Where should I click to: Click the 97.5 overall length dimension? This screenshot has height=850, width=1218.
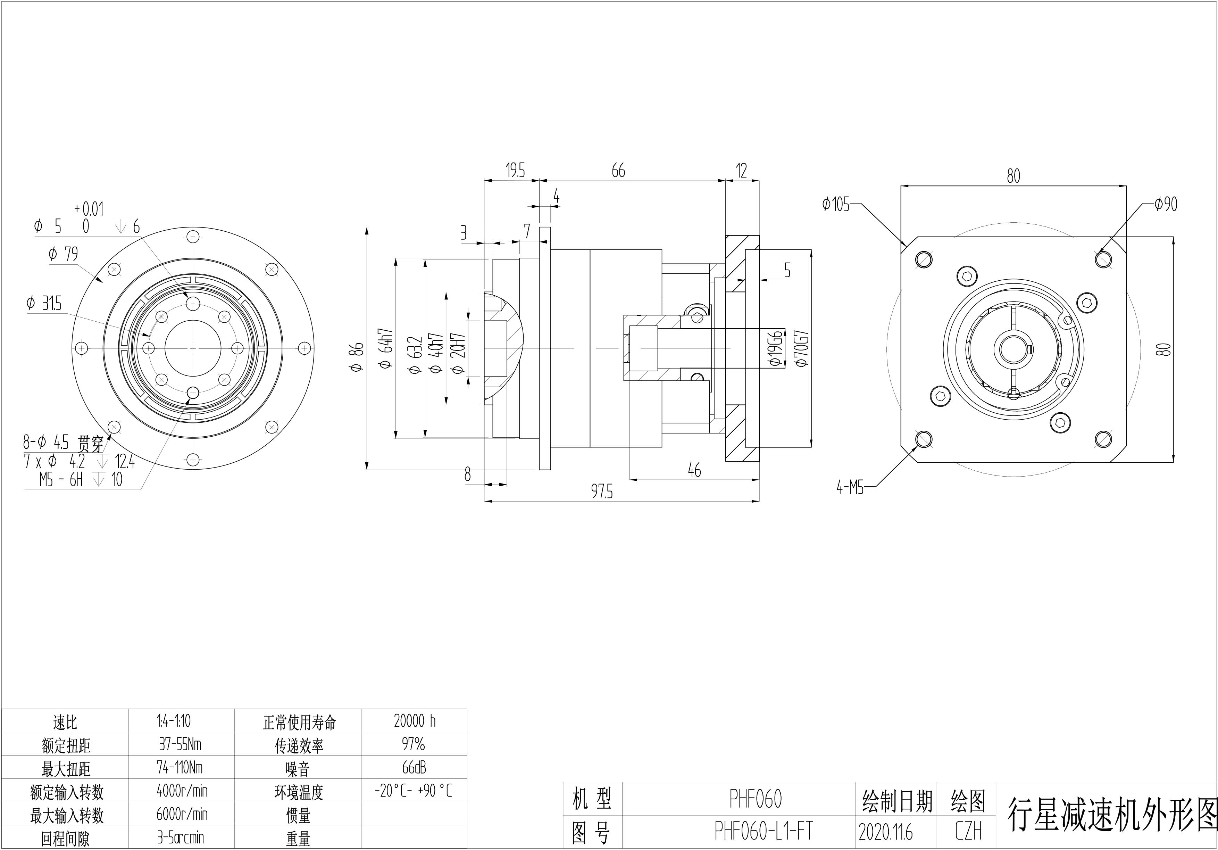pos(602,492)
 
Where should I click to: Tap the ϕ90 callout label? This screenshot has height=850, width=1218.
pos(1166,204)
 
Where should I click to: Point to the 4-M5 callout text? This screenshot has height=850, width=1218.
pos(850,487)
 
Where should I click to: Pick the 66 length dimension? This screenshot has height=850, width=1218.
pos(618,171)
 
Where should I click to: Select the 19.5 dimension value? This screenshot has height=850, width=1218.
pos(515,171)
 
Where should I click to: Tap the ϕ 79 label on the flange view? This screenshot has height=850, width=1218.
pos(63,254)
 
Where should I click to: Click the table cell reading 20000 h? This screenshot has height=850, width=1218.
pos(414,720)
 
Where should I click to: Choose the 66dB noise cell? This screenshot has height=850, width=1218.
pos(414,767)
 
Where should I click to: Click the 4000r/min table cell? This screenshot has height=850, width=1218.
pos(182,791)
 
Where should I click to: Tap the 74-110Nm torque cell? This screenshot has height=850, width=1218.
pos(180,767)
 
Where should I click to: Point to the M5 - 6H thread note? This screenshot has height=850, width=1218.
pos(61,480)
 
